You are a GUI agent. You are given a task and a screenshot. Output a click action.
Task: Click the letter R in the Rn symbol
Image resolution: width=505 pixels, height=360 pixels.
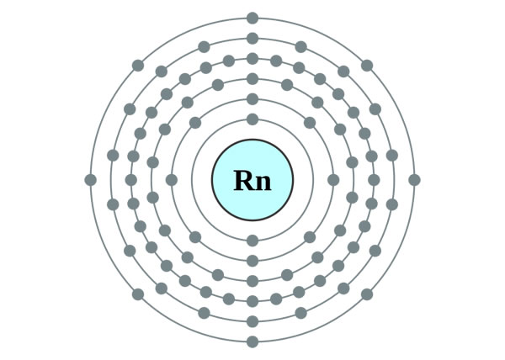pyautogui.click(x=242, y=180)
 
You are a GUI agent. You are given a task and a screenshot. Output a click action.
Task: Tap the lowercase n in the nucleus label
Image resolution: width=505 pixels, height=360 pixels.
pyautogui.click(x=263, y=183)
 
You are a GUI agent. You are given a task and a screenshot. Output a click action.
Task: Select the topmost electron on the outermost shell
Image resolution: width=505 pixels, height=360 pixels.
pyautogui.click(x=252, y=18)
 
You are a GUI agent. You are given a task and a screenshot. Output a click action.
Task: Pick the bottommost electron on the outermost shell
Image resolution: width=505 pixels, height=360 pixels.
pyautogui.click(x=252, y=341)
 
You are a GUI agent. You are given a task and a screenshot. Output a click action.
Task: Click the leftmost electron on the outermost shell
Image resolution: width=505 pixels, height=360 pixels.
pyautogui.click(x=91, y=179)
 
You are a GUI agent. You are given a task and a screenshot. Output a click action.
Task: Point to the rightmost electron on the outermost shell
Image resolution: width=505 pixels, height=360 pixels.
pyautogui.click(x=414, y=179)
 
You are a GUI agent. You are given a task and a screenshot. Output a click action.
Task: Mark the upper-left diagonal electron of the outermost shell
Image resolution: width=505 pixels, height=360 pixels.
pyautogui.click(x=138, y=65)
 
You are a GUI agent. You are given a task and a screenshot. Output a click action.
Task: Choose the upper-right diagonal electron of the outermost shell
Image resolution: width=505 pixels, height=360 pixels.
pyautogui.click(x=367, y=65)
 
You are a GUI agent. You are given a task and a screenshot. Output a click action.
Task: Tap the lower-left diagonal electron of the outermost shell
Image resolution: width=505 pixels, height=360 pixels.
pyautogui.click(x=138, y=294)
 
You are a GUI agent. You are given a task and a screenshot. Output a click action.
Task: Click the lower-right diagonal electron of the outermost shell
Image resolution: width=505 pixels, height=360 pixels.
pyautogui.click(x=367, y=294)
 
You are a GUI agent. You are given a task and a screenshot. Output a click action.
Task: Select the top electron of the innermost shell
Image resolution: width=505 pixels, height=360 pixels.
pyautogui.click(x=252, y=119)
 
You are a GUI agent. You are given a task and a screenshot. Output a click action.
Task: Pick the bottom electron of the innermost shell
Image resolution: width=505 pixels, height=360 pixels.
pyautogui.click(x=252, y=240)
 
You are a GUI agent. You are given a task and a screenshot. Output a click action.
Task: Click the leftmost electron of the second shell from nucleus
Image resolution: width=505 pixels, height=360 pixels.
pyautogui.click(x=172, y=179)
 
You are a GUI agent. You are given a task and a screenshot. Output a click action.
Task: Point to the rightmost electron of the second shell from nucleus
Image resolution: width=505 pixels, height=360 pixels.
pyautogui.click(x=333, y=179)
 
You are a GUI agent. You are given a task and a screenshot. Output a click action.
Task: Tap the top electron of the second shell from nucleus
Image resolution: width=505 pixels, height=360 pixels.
pyautogui.click(x=252, y=99)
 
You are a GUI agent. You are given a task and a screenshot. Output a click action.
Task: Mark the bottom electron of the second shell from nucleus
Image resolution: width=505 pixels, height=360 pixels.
pyautogui.click(x=252, y=260)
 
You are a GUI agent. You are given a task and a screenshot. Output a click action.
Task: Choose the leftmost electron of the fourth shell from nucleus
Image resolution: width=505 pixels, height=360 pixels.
pyautogui.click(x=131, y=179)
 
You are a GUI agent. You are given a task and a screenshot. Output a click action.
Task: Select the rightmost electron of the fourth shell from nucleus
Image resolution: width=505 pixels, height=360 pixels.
pyautogui.click(x=374, y=179)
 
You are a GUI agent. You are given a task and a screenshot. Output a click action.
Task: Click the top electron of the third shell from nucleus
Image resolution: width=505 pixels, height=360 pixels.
pyautogui.click(x=252, y=79)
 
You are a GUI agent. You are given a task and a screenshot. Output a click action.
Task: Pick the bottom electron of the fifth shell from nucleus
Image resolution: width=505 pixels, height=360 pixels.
pyautogui.click(x=252, y=321)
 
